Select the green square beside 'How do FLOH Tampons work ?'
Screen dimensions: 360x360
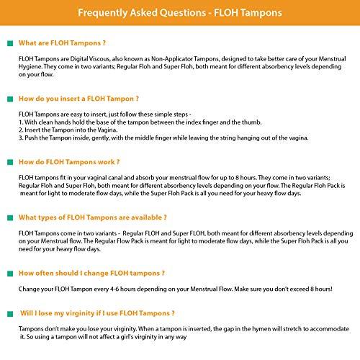point(10,163)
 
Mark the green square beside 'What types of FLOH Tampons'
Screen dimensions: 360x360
point(10,217)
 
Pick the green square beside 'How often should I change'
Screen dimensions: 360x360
point(10,273)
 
